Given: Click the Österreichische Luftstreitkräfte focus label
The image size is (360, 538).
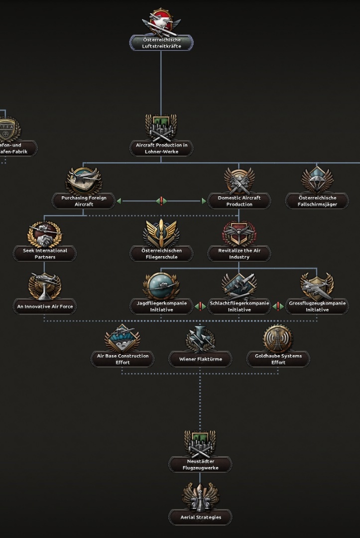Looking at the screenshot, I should coord(161,43).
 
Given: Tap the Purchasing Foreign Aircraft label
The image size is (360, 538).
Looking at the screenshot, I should coord(84,201).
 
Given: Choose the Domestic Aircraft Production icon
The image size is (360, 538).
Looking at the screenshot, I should coord(239,180).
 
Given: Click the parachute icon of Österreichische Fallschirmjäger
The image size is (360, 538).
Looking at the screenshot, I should coord(317,180).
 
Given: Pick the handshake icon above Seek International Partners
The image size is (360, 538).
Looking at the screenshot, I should coord(45,234).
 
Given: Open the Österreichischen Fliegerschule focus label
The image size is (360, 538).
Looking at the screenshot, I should coord(161,254).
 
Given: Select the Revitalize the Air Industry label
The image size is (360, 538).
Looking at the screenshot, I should coord(239,254).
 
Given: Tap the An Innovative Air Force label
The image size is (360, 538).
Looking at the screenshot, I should coord(45,307).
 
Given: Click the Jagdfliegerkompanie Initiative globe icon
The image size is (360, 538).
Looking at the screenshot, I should coord(161,286).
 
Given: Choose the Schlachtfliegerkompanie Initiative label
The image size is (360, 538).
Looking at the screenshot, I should coord(239,306).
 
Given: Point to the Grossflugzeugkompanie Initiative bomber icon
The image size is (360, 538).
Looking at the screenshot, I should coord(317,286).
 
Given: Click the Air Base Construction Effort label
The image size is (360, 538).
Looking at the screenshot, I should coord(122,359).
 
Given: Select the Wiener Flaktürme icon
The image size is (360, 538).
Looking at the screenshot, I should coord(200,339).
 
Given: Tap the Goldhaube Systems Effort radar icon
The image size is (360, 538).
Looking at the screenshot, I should coord(278,339).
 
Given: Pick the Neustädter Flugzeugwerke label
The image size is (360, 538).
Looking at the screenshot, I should coord(200,465).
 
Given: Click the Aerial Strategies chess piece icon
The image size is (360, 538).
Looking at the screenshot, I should coord(200,496).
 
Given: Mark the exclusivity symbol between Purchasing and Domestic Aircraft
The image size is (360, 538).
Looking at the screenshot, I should coord(161,201).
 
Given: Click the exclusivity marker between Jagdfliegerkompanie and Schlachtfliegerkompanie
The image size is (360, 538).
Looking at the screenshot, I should coord(200,306).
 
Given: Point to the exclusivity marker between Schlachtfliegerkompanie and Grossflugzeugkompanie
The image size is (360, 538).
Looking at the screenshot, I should coord(278,306).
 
